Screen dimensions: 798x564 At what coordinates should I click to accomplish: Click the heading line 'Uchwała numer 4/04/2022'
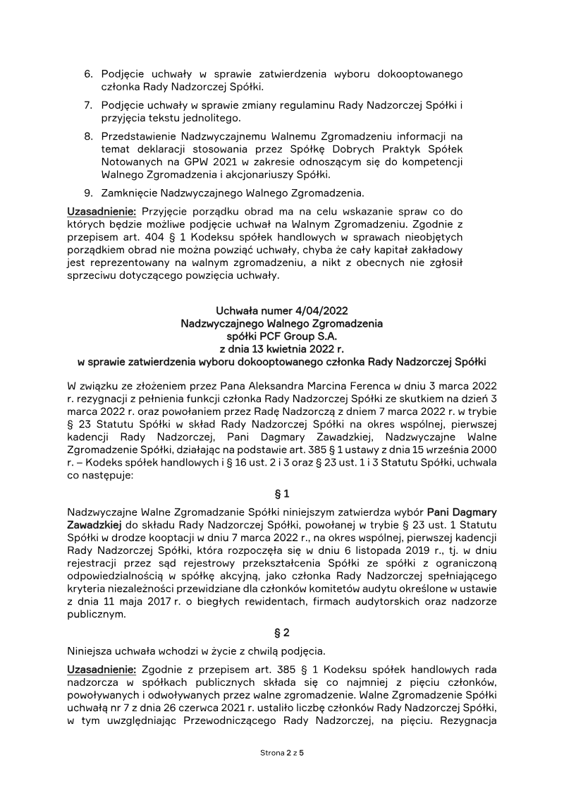tap(282, 310)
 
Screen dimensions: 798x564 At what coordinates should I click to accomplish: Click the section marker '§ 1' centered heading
tap(282, 494)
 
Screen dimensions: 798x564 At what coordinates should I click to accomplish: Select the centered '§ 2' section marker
tap(282, 632)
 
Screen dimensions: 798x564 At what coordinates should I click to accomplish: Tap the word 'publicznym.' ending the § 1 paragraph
tap(97, 613)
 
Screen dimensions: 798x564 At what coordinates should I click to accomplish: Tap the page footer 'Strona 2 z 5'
tap(282, 753)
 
